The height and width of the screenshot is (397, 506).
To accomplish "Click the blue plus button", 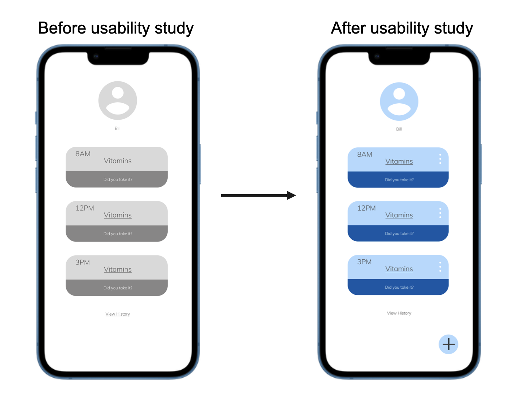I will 448,344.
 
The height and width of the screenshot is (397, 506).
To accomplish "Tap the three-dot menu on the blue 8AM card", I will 440,159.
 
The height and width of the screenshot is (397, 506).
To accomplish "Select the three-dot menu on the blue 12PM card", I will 440,213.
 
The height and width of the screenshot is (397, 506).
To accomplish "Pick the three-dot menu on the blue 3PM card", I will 440,267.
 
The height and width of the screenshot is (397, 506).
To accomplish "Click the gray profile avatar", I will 118,100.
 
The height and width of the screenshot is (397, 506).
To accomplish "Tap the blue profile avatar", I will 399,101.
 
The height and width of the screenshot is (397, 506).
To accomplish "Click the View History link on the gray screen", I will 118,314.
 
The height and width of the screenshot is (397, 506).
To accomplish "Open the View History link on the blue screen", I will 399,313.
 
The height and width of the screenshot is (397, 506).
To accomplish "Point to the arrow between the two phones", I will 258,195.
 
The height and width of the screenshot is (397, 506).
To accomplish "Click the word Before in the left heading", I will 62,28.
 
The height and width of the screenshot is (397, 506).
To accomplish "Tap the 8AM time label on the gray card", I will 83,154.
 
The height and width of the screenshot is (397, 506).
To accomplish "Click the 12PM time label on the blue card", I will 366,208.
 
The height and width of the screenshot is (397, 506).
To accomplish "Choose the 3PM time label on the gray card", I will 83,262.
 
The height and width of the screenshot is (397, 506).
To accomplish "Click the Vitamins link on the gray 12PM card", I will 118,215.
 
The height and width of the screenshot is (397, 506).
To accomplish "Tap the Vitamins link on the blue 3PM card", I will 399,269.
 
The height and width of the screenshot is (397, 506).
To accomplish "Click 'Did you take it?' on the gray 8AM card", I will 118,180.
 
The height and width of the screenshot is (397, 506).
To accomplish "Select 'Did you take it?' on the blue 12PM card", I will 399,234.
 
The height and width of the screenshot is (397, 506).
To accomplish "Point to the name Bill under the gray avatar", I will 117,128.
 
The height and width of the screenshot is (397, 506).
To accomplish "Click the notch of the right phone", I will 399,58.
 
